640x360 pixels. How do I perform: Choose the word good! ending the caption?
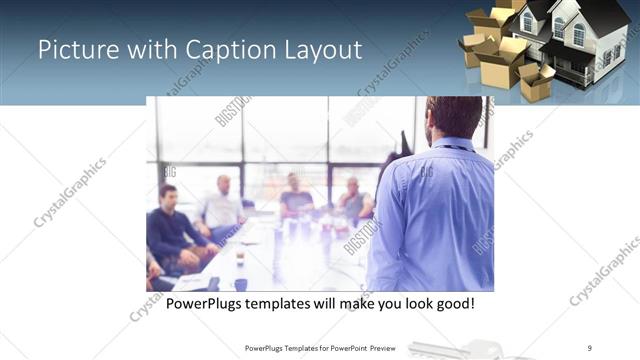coord(453,302)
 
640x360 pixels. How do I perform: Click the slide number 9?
coord(590,348)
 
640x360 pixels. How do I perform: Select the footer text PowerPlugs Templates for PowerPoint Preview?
coord(319,348)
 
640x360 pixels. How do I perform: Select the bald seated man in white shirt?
coord(221,205)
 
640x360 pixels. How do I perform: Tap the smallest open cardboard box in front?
coord(536,82)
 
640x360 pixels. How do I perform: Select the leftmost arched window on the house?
coord(527,22)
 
